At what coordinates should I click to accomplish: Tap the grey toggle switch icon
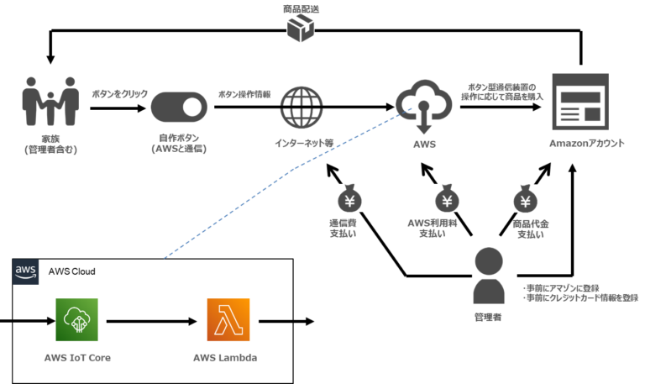178,108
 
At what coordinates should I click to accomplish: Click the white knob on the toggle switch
193,108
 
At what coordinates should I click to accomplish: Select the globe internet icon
301,107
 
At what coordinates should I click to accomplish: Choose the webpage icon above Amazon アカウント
579,101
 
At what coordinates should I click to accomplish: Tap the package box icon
300,29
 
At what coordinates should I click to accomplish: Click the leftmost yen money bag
349,198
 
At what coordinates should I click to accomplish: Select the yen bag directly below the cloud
447,198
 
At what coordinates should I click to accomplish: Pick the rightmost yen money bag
525,198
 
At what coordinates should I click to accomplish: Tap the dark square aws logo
26,271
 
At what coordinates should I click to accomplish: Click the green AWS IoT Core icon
76,320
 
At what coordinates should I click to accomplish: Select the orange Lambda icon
228,320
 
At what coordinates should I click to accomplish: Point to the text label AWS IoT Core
77,357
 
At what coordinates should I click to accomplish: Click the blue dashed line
290,171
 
